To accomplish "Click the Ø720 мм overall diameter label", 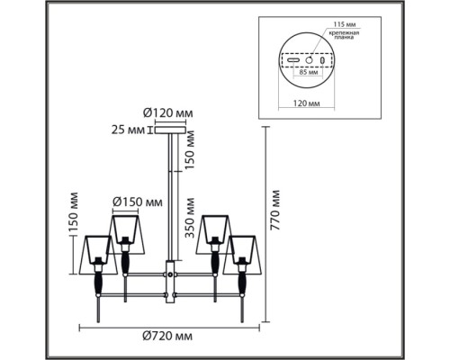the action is tap(167, 336).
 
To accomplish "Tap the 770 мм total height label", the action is tap(275, 210).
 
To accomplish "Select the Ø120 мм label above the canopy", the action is tap(167, 113).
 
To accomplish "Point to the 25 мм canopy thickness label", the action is tap(128, 130).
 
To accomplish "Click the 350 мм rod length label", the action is tap(190, 218).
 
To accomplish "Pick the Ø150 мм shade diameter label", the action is tap(138, 202).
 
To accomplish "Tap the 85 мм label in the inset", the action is tap(307, 73).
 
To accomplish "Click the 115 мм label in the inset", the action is tap(345, 25).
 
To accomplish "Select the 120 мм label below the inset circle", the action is tap(306, 103).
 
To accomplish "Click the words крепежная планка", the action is tap(344, 35).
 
